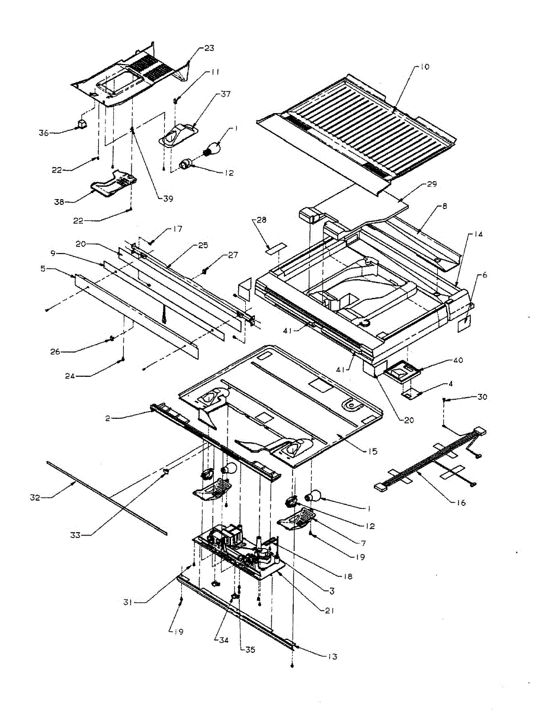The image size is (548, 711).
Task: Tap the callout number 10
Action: click(425, 67)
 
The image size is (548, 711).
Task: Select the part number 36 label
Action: click(44, 133)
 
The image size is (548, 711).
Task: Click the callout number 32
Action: click(35, 498)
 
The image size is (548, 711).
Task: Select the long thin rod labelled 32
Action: click(107, 498)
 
